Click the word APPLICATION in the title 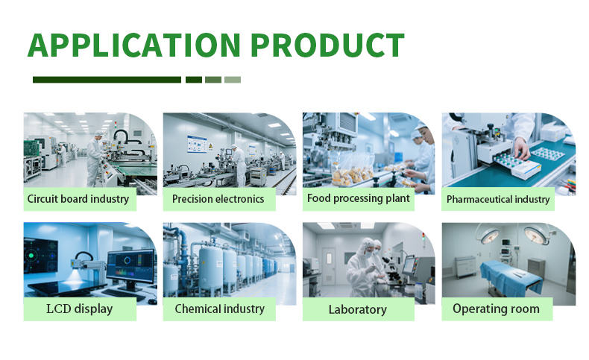point(134,45)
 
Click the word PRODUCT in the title point(327,45)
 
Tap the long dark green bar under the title point(107,80)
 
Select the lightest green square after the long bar point(233,80)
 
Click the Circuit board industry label point(78,198)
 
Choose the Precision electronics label point(218,198)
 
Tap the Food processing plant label point(359,198)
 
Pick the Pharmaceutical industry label point(498,199)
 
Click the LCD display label point(80,309)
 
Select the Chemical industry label point(220,309)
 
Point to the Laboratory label point(358,309)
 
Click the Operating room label point(497,309)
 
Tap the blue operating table point(511,278)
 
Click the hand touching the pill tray point(522,148)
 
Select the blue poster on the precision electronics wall point(198,145)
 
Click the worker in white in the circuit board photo point(95,159)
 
